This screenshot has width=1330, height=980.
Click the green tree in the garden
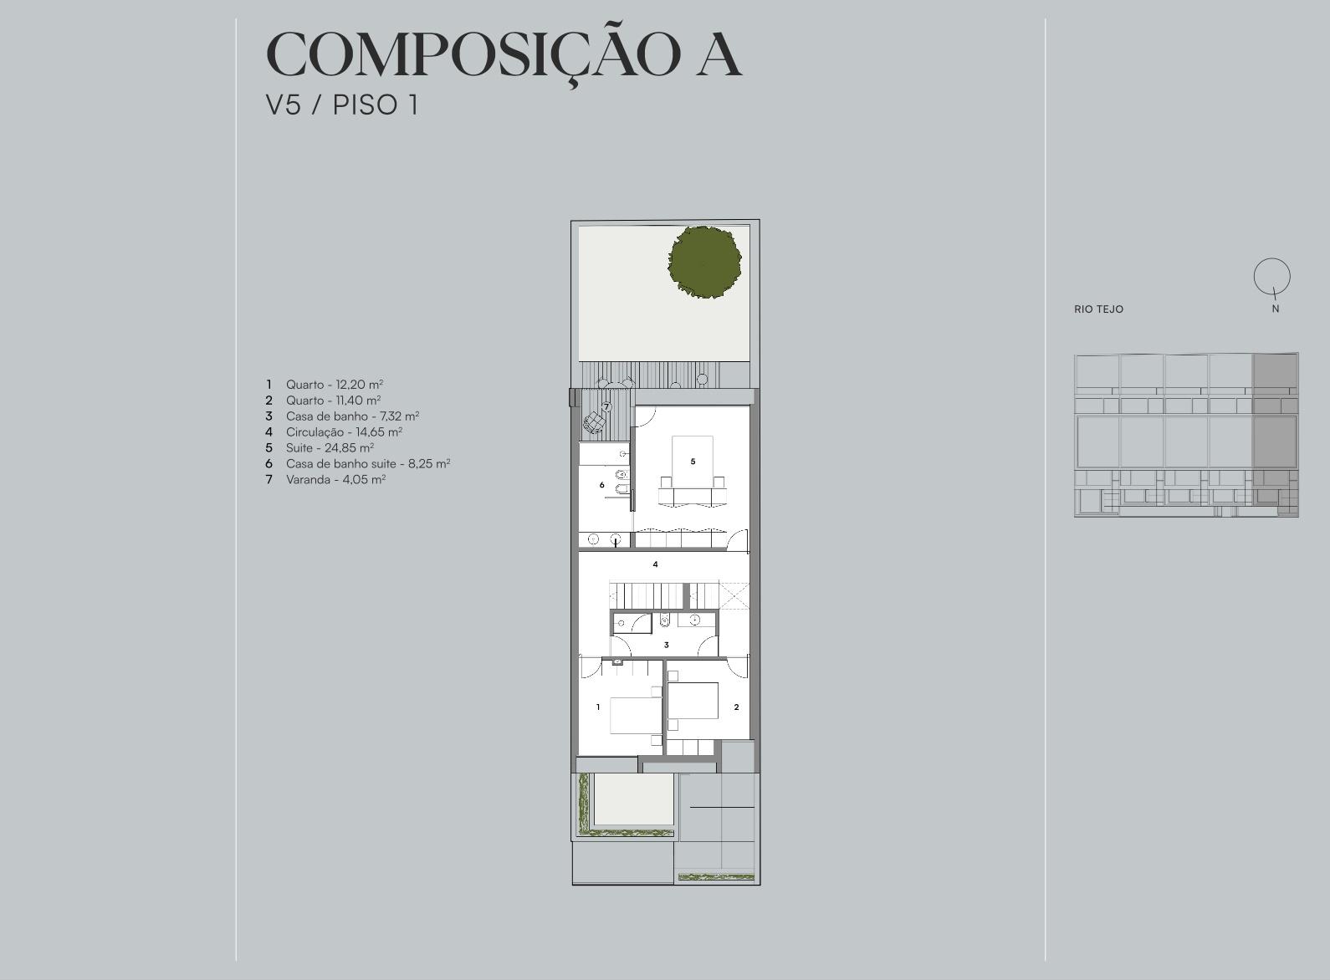click(704, 262)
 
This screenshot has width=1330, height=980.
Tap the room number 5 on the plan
click(693, 462)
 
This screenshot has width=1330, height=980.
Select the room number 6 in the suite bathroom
click(601, 485)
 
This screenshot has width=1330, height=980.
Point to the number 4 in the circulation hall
click(656, 564)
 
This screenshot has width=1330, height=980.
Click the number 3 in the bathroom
click(666, 645)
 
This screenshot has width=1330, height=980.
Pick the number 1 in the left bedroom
click(598, 707)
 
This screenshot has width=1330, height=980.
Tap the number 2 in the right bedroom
click(736, 707)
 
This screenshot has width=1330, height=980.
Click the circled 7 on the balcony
click(606, 406)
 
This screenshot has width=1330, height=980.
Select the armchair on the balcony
click(594, 422)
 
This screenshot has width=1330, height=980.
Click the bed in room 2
click(693, 701)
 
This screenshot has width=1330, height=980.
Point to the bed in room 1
click(636, 715)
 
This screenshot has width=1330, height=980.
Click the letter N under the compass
click(1276, 309)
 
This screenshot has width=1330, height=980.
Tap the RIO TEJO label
click(1098, 309)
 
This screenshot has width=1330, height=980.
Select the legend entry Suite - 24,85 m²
click(330, 447)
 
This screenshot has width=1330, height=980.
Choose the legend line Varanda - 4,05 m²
click(336, 479)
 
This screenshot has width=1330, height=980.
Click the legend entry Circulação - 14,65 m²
click(345, 432)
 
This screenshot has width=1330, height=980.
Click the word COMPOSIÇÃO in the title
click(473, 54)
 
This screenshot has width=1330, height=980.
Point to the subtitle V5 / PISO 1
click(342, 105)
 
